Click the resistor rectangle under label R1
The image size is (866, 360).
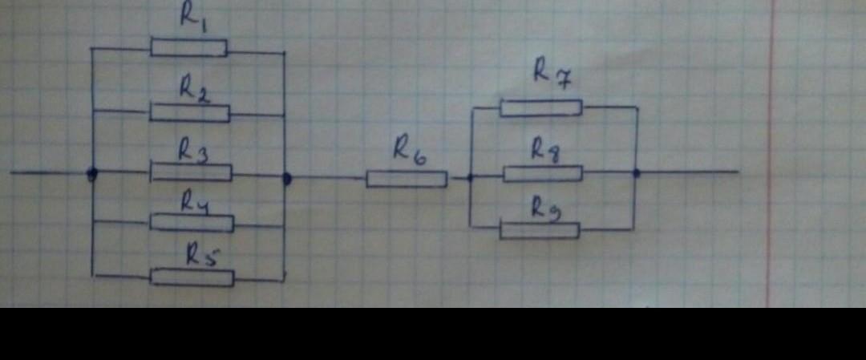pos(188,48)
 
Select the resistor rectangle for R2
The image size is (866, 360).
pos(189,113)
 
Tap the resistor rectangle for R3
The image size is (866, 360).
pos(192,172)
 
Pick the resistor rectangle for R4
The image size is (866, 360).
pos(192,223)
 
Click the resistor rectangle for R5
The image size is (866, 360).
pos(192,278)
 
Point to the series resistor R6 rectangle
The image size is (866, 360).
pos(407,179)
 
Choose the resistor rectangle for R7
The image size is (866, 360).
pos(541,107)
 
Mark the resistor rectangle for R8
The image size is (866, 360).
pos(543,173)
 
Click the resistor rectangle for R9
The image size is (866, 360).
pos(539,231)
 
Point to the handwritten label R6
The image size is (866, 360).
pos(409,150)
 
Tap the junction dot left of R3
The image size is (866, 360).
pos(92,172)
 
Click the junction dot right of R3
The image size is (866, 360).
pos(286,178)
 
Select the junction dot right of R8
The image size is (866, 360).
pos(636,172)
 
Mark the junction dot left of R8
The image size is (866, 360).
pos(470,177)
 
